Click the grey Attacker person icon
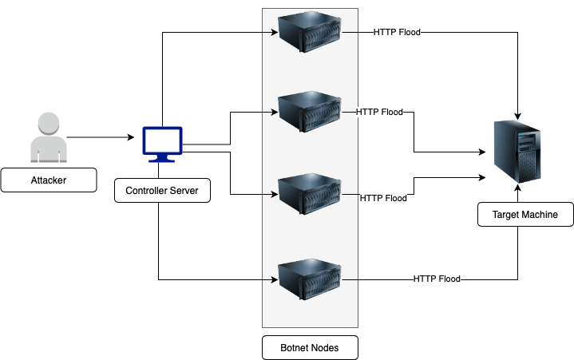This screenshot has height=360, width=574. (x=48, y=137)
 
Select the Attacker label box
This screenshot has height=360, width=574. (x=48, y=180)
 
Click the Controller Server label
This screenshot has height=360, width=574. (x=162, y=191)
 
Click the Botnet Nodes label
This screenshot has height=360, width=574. (x=310, y=347)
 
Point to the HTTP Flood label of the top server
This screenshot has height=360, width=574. (x=397, y=33)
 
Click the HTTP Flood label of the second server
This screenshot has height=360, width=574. (x=379, y=112)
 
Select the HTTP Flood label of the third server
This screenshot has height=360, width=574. (x=383, y=198)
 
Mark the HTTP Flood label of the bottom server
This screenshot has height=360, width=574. (x=437, y=279)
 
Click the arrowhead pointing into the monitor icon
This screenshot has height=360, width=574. (x=131, y=138)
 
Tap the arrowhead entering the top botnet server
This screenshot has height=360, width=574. (x=273, y=33)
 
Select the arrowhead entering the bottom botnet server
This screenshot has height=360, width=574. (x=273, y=279)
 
